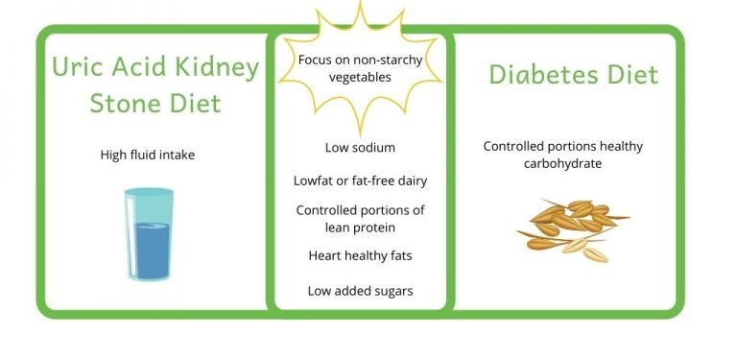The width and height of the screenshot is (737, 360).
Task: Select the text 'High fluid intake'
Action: (147, 154)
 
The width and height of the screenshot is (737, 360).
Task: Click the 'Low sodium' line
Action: (360, 148)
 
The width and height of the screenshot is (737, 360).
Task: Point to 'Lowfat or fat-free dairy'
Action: (360, 180)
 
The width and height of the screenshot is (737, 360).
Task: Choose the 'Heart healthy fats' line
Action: (360, 255)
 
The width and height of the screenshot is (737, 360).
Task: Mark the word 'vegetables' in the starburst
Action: (359, 78)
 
